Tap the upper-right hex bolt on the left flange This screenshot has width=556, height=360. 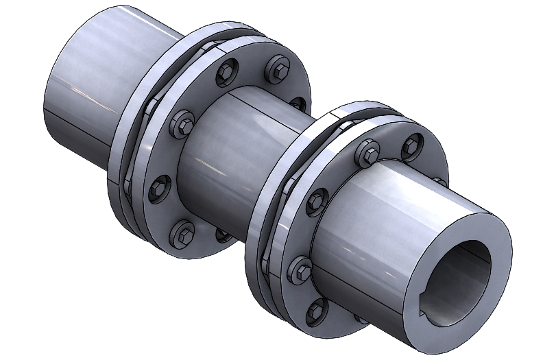click(278, 69)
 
